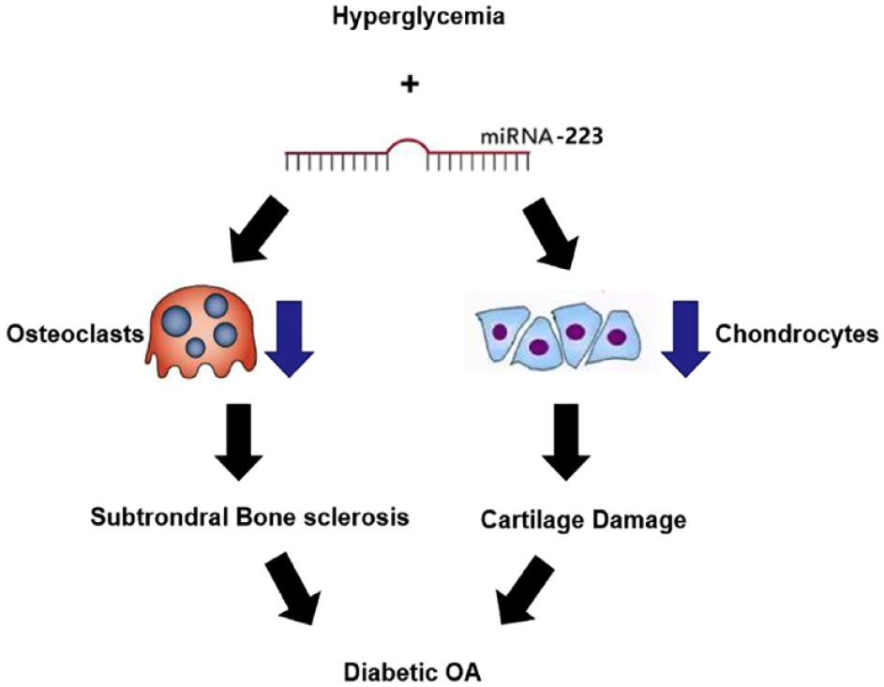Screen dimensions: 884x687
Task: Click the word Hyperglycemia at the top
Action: click(418, 17)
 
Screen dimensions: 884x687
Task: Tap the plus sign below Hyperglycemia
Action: click(411, 84)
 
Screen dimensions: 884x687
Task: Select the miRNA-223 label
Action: click(541, 137)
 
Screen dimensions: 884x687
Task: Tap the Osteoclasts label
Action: click(75, 335)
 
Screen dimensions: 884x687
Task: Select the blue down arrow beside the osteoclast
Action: click(290, 338)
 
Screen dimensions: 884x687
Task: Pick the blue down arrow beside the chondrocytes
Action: click(685, 338)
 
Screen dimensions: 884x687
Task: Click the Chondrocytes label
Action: click(797, 335)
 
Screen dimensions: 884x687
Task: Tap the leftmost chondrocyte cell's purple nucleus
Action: click(499, 332)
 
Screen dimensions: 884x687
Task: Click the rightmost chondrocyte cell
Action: click(616, 337)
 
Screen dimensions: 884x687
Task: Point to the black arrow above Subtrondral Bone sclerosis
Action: click(239, 441)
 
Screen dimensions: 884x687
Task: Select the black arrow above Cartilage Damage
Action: click(566, 441)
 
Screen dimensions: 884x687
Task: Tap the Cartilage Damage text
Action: click(583, 520)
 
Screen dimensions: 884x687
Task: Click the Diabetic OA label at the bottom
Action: click(412, 673)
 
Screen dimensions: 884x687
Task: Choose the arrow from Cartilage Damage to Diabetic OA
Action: click(524, 590)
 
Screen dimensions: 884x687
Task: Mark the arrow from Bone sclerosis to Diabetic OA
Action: click(290, 588)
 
